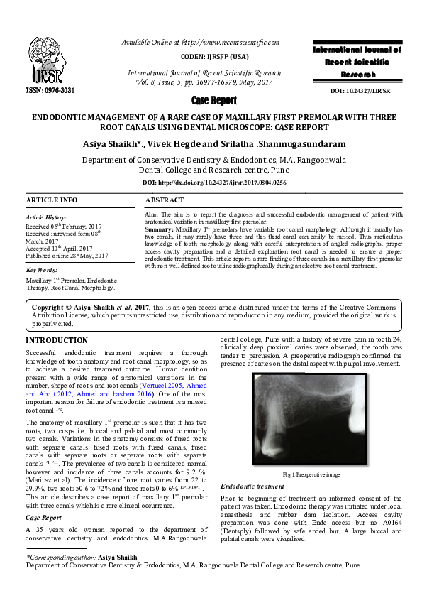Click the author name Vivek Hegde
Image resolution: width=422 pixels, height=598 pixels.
click(x=199, y=143)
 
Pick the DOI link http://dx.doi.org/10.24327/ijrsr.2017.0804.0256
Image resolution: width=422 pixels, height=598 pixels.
click(x=211, y=183)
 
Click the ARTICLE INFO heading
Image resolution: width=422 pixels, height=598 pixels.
click(x=51, y=200)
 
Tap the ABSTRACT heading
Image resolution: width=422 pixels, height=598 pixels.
click(x=165, y=200)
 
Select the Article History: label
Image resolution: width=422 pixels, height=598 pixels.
click(x=46, y=217)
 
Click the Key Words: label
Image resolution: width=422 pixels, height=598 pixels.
click(x=42, y=270)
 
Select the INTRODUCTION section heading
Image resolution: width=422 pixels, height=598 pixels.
click(x=57, y=340)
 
